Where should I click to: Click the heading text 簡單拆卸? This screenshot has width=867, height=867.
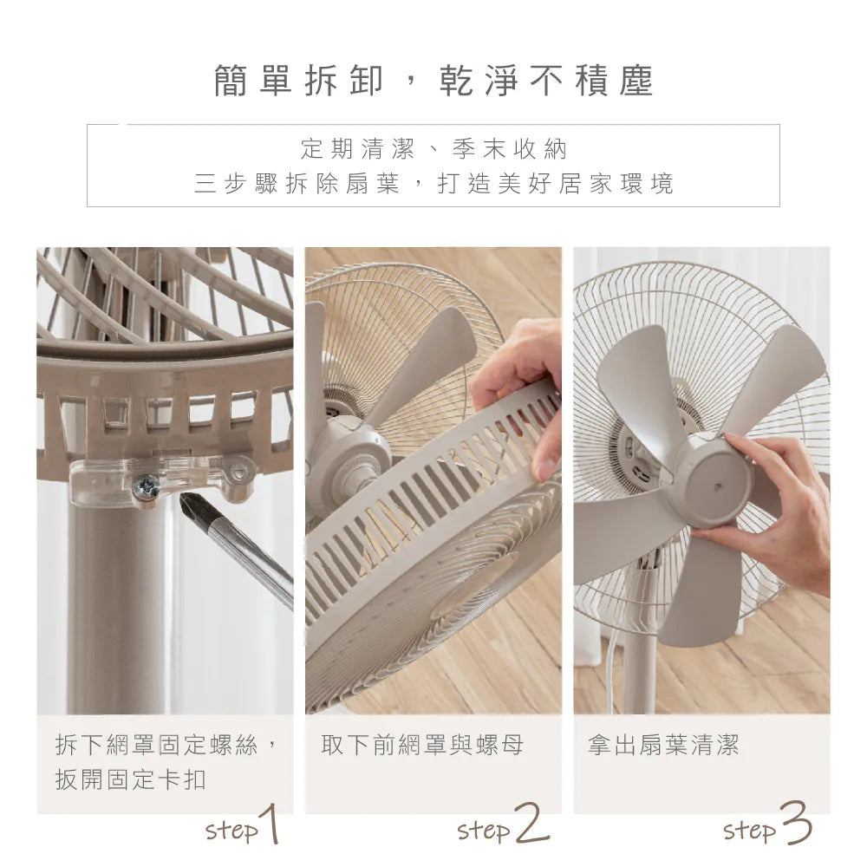297,81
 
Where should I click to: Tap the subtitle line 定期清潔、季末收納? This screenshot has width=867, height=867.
433,149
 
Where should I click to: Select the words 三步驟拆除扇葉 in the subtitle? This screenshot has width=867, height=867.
297,184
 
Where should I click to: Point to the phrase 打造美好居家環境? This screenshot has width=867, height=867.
555,184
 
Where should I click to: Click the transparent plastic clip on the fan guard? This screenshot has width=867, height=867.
165,477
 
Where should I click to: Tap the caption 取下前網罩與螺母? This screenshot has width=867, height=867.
422,745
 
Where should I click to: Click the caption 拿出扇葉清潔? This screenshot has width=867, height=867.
663,745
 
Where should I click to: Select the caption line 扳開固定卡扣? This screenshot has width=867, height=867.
131,779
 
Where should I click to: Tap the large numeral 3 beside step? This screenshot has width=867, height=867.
795,824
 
